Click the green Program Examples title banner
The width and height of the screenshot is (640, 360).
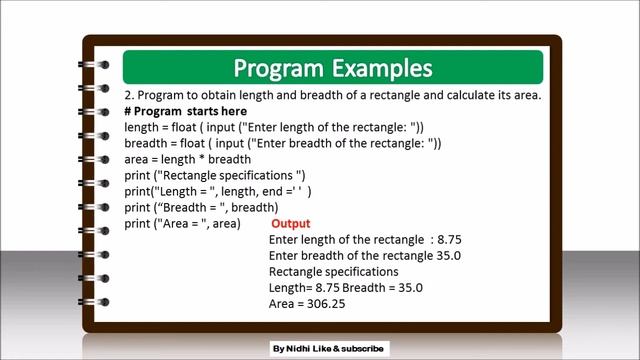(332, 68)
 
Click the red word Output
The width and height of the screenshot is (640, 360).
(291, 224)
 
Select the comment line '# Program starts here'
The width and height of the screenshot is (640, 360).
(185, 111)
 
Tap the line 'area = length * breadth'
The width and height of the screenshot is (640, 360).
(187, 160)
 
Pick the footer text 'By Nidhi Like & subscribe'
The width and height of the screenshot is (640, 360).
(327, 349)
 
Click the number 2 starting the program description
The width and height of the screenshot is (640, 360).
(128, 95)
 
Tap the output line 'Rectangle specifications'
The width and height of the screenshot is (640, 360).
(334, 272)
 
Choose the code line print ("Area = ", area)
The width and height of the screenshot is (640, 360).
(182, 224)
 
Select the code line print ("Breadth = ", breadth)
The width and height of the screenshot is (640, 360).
(194, 208)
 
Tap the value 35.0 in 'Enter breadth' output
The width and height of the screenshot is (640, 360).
(447, 256)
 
